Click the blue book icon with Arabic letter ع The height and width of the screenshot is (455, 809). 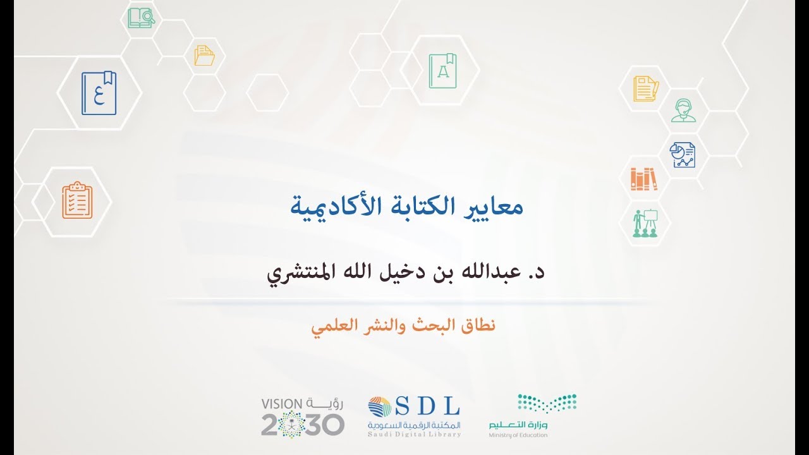click(99, 93)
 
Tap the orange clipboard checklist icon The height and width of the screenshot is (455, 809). click(77, 200)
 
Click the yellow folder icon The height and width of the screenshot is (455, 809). click(205, 55)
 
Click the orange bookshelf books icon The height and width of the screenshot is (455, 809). click(643, 178)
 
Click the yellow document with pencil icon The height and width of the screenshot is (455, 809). click(646, 88)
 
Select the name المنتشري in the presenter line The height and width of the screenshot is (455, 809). click(297, 276)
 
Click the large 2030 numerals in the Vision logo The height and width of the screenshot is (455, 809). click(303, 423)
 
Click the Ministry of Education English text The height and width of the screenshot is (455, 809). click(518, 435)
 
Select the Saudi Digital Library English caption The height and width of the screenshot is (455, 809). click(415, 434)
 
